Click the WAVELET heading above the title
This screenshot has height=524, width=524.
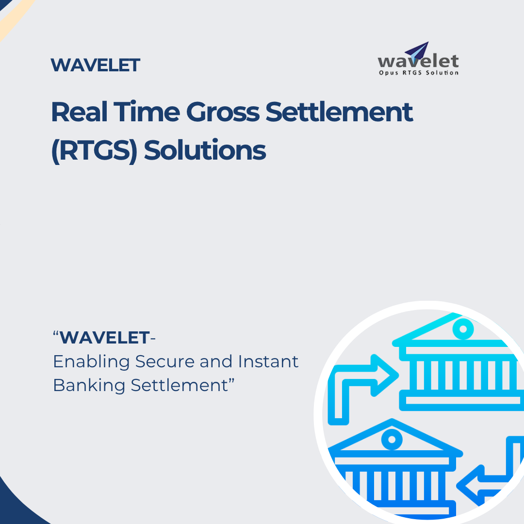coord(95,65)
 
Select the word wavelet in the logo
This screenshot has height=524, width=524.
coord(418,62)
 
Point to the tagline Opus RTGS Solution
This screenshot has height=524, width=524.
coord(418,73)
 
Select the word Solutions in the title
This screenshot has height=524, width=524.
coord(205,150)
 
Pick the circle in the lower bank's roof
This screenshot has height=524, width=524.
coord(392,439)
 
